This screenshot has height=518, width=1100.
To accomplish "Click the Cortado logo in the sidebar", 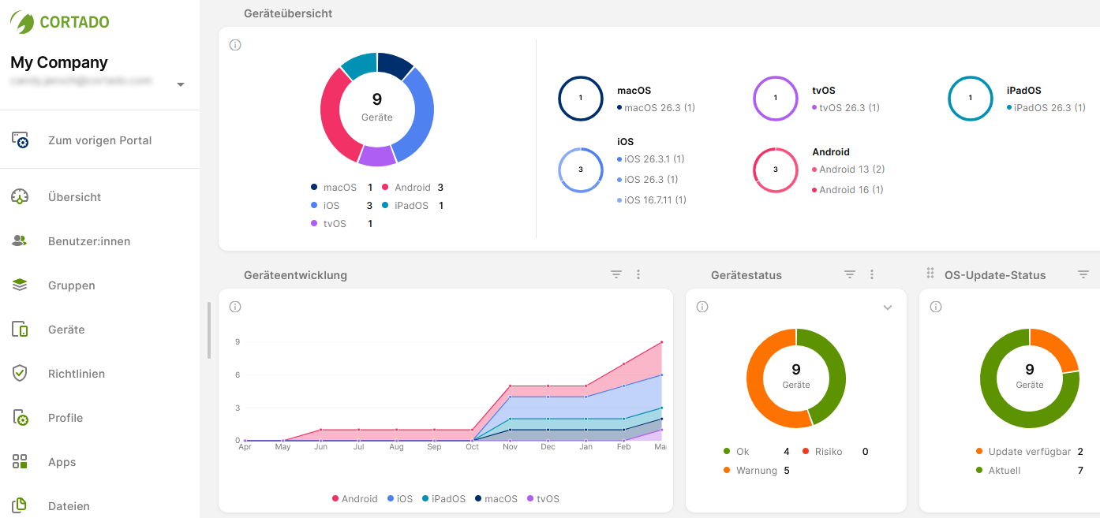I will (x=60, y=22).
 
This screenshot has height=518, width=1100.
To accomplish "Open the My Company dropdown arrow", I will (x=181, y=84).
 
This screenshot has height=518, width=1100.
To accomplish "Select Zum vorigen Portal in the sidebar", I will (x=99, y=140).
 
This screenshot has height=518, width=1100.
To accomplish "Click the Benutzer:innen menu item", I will (x=88, y=241).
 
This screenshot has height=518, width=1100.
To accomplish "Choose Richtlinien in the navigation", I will (x=76, y=374).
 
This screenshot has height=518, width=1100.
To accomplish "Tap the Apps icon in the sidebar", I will (x=20, y=462).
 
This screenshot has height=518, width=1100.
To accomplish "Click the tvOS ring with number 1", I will (x=776, y=99).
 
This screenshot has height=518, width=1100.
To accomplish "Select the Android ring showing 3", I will (x=776, y=170).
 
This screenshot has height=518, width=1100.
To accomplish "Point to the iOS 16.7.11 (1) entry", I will (x=654, y=200).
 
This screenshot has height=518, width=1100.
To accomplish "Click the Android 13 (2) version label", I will (x=851, y=170).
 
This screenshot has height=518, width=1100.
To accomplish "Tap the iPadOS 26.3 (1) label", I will (x=1049, y=108).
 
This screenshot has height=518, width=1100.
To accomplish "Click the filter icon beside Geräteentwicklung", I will (x=616, y=274).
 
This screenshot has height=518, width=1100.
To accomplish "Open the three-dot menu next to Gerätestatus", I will (x=872, y=274).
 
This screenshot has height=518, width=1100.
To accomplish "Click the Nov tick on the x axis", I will (x=510, y=447).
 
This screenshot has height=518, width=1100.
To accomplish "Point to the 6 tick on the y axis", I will (x=237, y=375).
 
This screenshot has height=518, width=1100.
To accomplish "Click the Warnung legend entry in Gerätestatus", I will (x=752, y=471).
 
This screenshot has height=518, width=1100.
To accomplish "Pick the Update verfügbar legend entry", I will (x=1028, y=452).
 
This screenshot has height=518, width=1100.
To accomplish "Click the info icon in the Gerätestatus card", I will (x=702, y=307).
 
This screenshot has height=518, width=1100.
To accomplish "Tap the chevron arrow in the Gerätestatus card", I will (x=888, y=307).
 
